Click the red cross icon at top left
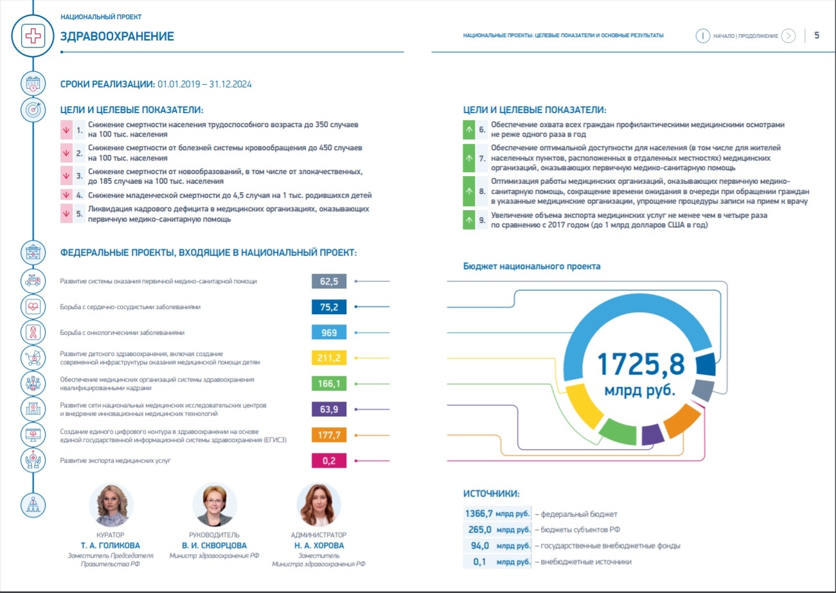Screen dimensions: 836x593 [33, 36]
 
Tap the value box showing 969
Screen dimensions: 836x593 [329, 332]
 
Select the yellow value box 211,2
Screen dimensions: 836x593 [329, 358]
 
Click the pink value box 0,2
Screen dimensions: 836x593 [329, 461]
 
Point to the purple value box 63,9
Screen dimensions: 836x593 [329, 409]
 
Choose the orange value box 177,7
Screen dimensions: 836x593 [329, 435]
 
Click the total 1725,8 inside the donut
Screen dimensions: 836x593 [641, 364]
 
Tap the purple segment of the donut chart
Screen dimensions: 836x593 [652, 435]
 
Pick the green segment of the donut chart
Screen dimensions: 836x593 [618, 432]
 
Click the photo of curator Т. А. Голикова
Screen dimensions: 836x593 [111, 505]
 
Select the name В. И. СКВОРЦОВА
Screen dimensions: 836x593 [214, 545]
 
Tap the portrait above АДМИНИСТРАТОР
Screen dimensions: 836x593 [318, 505]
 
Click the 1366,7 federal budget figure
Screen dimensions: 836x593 [479, 513]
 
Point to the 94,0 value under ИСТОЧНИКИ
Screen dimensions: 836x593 [480, 545]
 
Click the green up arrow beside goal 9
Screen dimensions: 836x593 [469, 220]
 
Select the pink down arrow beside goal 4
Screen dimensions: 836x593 [66, 195]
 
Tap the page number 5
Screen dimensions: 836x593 [817, 35]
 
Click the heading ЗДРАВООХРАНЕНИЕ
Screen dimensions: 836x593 [117, 36]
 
